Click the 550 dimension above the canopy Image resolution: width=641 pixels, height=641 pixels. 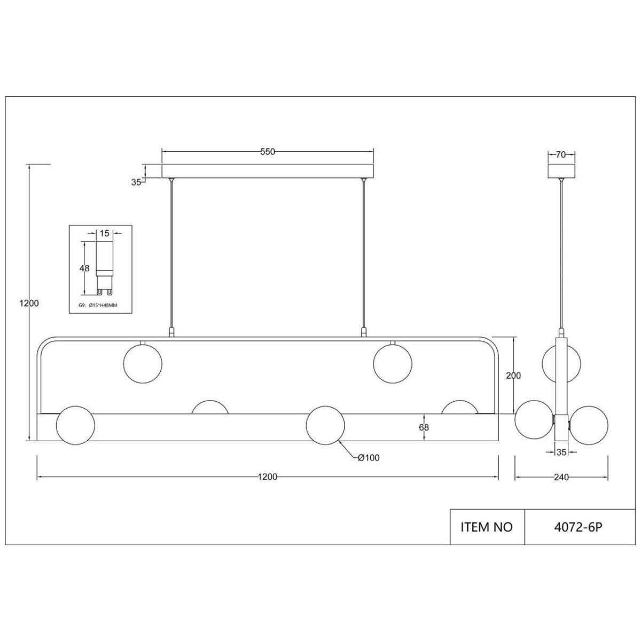click(268, 152)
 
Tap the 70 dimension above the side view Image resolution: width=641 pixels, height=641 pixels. click(561, 155)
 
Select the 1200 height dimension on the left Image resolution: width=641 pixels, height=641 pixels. click(28, 303)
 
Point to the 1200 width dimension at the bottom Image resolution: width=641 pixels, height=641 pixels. click(268, 477)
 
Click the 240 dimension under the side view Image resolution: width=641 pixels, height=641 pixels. click(561, 477)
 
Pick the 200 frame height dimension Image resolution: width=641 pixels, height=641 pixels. click(513, 375)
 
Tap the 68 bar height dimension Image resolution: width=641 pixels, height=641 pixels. click(424, 427)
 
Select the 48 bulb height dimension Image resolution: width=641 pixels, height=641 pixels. click(84, 268)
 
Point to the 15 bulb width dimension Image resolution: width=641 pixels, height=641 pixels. click(104, 233)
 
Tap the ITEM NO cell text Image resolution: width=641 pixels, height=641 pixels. click(486, 527)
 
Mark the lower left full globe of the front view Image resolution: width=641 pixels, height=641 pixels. click(75, 425)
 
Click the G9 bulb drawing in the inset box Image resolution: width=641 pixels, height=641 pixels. click(104, 267)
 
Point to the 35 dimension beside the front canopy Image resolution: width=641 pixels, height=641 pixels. click(136, 182)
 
